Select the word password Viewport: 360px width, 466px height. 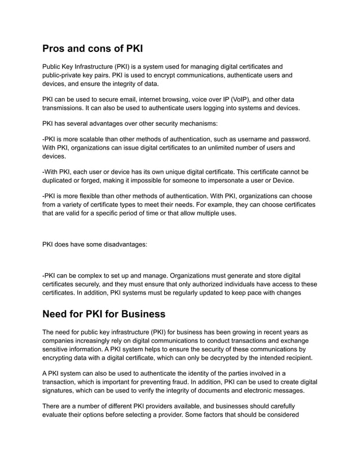(x=293, y=138)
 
